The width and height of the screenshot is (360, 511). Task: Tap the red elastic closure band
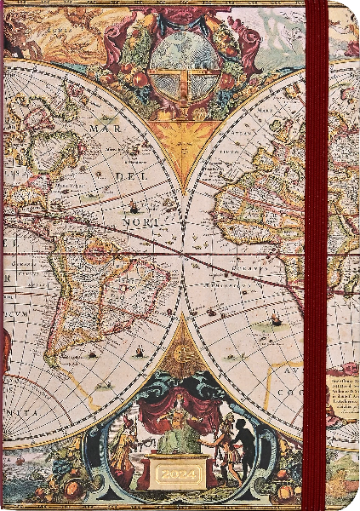[317, 255]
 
